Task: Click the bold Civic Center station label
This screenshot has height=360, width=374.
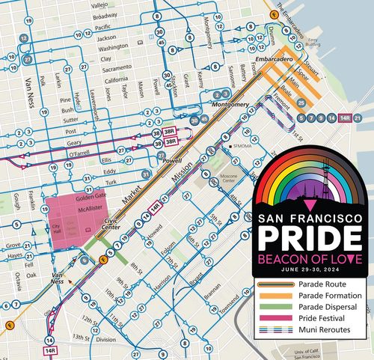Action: [111, 222]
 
